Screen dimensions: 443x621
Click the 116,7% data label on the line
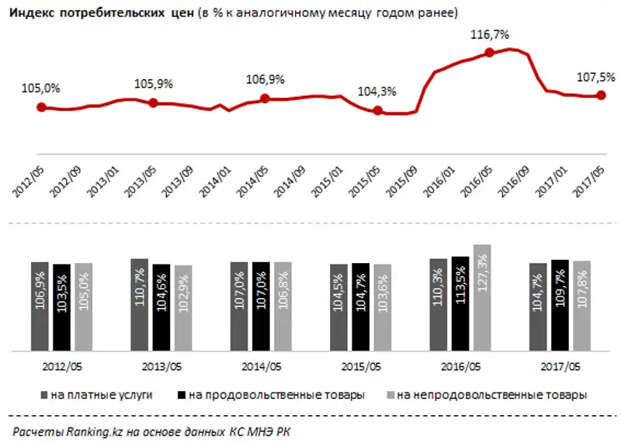[x=488, y=35]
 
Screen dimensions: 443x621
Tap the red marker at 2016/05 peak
[x=489, y=53]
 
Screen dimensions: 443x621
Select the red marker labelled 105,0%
[x=41, y=107]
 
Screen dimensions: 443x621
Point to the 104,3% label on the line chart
[x=376, y=91]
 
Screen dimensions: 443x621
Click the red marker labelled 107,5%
[x=601, y=95]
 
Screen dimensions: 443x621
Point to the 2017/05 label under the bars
[x=560, y=366]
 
